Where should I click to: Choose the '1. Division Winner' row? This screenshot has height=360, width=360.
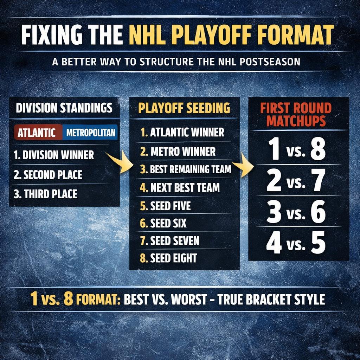pyautogui.click(x=54, y=155)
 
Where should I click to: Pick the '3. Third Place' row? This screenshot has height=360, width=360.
pyautogui.click(x=45, y=194)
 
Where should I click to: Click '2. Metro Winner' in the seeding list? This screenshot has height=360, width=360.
pyautogui.click(x=178, y=152)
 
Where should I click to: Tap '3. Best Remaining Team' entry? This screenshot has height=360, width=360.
pyautogui.click(x=185, y=169)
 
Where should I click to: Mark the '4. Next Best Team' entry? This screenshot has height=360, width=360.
pyautogui.click(x=180, y=188)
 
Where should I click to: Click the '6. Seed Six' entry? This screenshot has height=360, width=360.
pyautogui.click(x=163, y=223)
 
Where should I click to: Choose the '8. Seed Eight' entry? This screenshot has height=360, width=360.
pyautogui.click(x=168, y=258)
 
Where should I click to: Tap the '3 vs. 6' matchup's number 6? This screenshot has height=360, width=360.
pyautogui.click(x=318, y=212)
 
